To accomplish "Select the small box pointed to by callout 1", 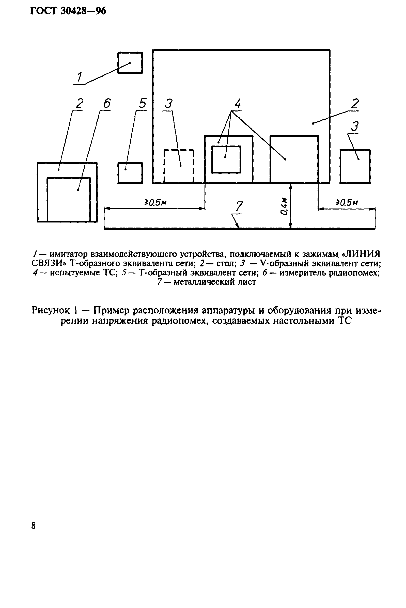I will click(130, 63).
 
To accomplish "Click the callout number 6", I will click(106, 104).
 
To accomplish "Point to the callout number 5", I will click(143, 104).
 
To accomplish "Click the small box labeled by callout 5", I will click(130, 173).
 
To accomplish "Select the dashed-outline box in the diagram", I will click(179, 166).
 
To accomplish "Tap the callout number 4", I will click(237, 104).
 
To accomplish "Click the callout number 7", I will click(239, 206).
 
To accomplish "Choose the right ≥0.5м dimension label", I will click(347, 202).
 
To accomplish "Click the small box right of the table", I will click(355, 166).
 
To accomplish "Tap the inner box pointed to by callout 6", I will click(69, 199).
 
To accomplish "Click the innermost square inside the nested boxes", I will click(226, 159).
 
